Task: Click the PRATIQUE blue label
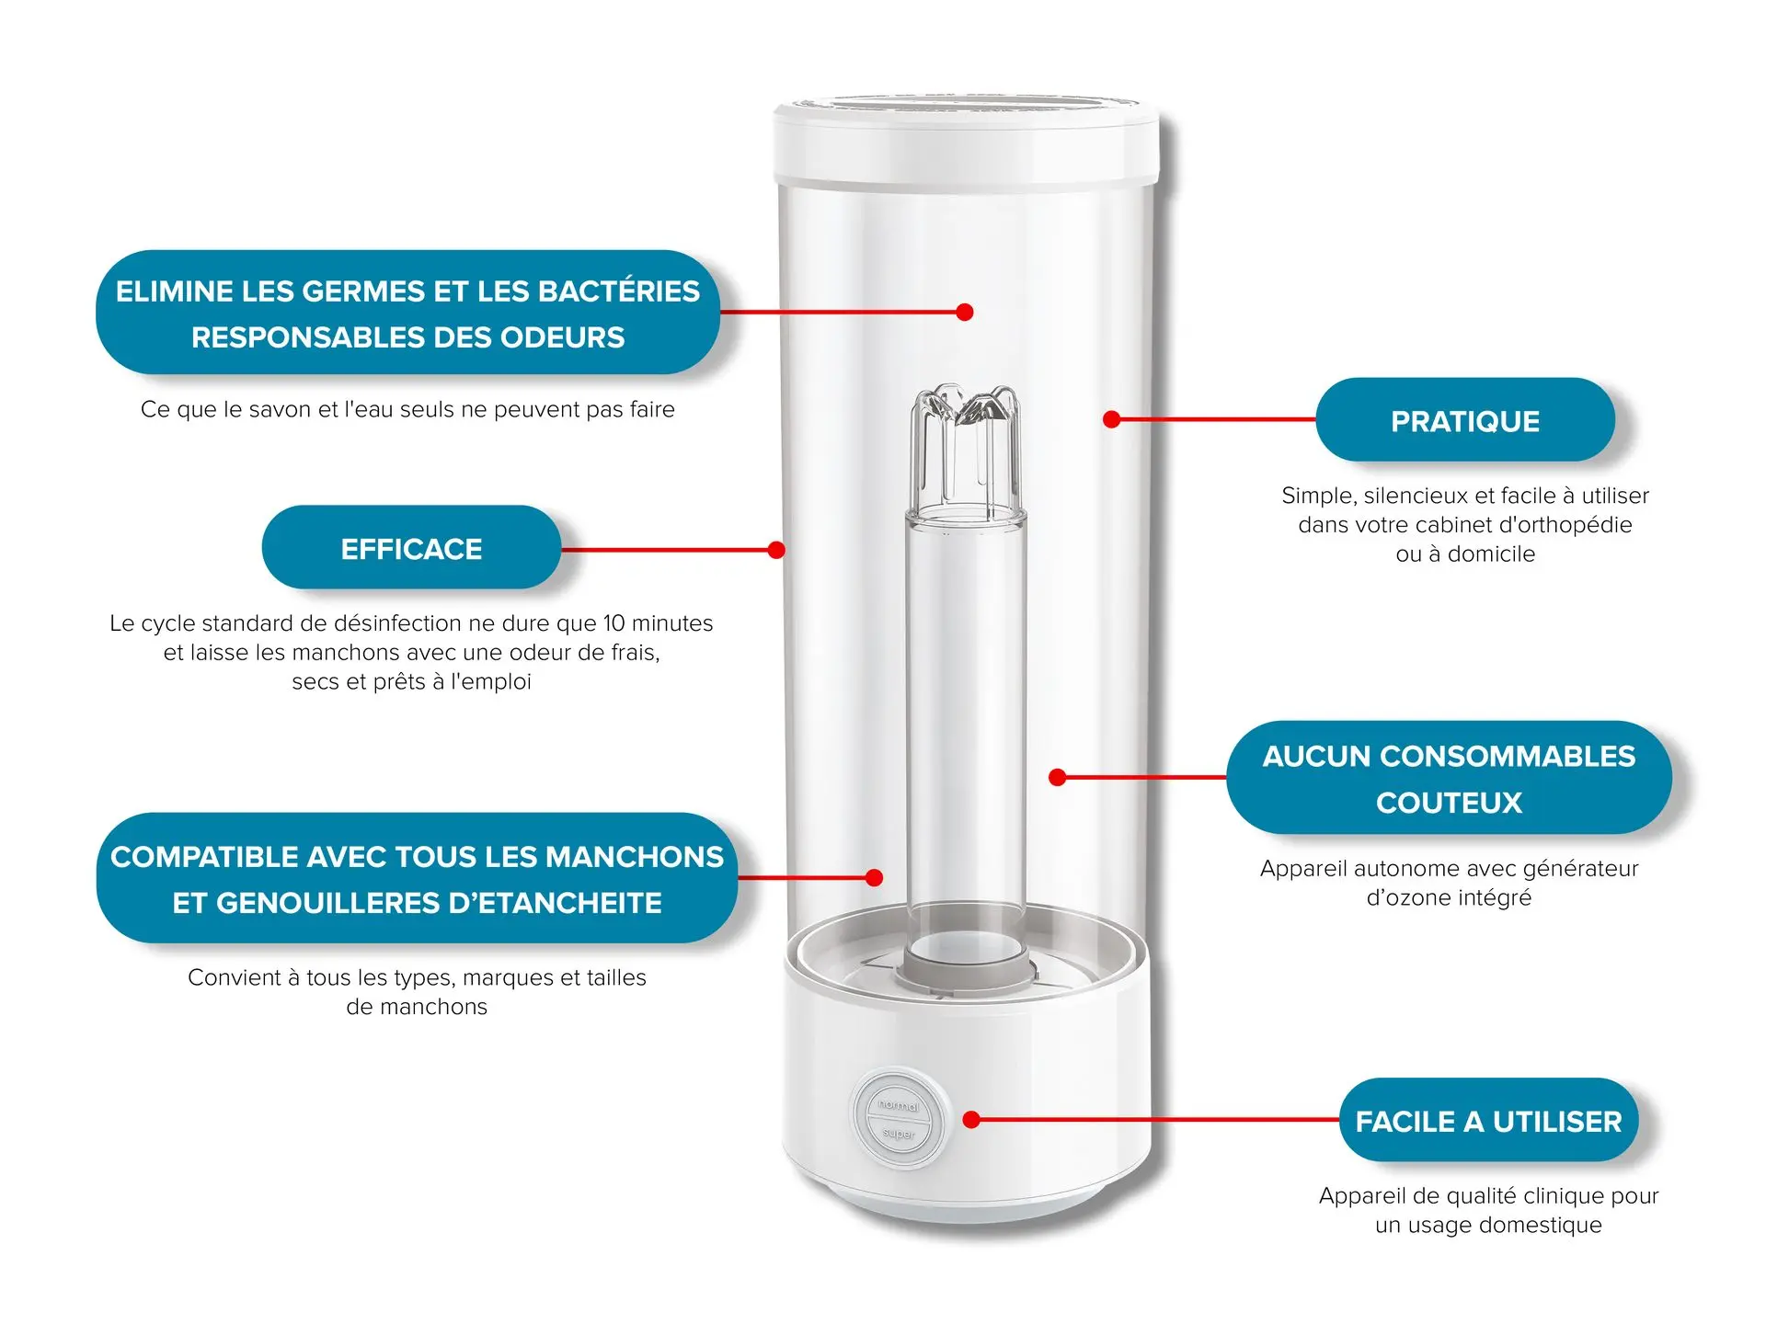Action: [1464, 421]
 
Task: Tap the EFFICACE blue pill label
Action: [411, 549]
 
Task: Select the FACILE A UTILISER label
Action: [1488, 1122]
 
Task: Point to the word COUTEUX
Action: [1449, 803]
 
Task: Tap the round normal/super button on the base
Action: [899, 1119]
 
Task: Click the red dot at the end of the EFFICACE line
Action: [776, 550]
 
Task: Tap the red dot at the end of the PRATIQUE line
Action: [1111, 419]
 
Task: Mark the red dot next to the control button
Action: [971, 1119]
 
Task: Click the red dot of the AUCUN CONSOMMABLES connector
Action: [1058, 777]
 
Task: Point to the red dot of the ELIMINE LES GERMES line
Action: [964, 313]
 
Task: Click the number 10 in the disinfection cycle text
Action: [614, 623]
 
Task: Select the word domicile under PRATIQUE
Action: [1491, 554]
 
